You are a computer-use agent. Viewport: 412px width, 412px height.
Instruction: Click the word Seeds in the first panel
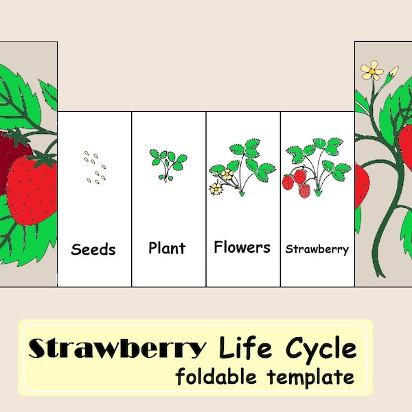93,249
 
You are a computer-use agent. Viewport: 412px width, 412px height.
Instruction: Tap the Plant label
167,247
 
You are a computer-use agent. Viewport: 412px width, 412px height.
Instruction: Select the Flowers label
242,247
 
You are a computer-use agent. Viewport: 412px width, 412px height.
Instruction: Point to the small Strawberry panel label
317,249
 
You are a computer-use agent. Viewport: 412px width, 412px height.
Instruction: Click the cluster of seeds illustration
96,167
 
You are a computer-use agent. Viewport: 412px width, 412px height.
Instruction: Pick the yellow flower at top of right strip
372,69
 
